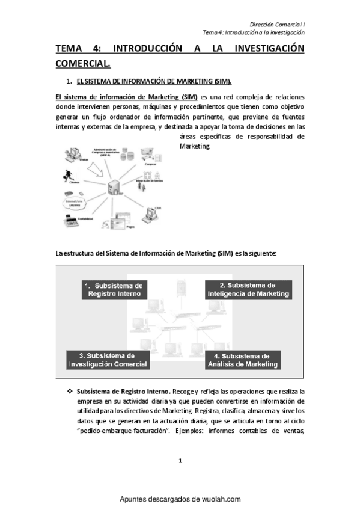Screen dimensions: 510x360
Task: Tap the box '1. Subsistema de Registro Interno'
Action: [x=114, y=289]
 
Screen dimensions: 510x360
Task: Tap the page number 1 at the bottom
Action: [x=180, y=461]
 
